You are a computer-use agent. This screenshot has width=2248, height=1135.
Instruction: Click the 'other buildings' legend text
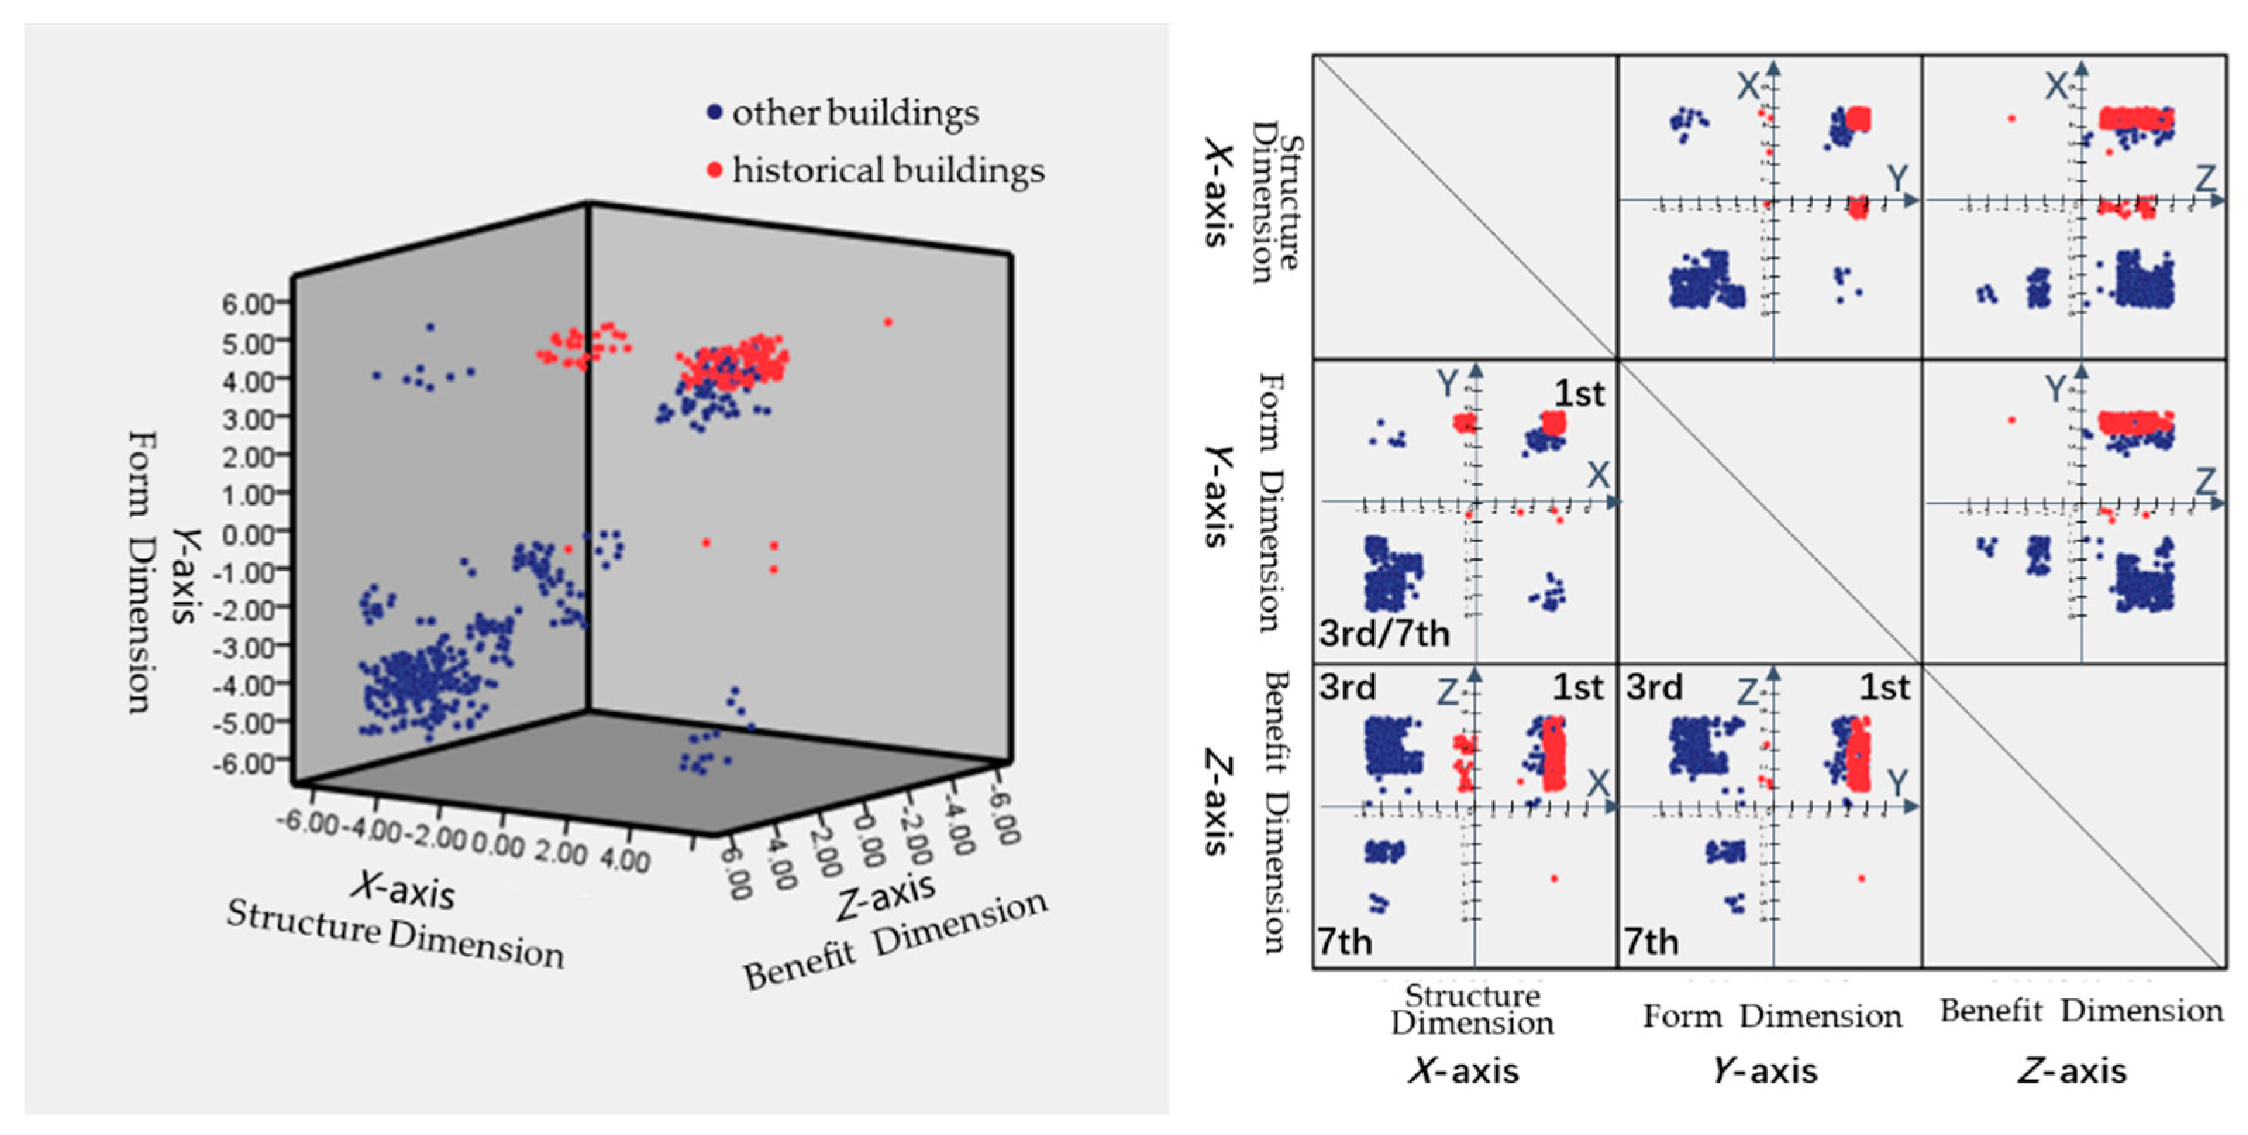pyautogui.click(x=855, y=113)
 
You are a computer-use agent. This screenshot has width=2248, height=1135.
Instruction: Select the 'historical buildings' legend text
pyautogui.click(x=888, y=170)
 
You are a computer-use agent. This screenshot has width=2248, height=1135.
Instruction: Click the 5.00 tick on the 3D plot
pyautogui.click(x=249, y=342)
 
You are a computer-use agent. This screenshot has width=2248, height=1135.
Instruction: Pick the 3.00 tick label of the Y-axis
pyautogui.click(x=249, y=418)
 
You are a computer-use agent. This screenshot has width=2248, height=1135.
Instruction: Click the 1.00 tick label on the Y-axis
pyautogui.click(x=249, y=494)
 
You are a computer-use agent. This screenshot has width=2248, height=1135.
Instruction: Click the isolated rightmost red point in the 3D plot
pyautogui.click(x=888, y=322)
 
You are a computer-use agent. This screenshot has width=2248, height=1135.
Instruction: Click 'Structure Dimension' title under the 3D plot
pyautogui.click(x=395, y=934)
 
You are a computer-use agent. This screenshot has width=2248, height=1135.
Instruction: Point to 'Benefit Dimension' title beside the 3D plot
pyautogui.click(x=895, y=941)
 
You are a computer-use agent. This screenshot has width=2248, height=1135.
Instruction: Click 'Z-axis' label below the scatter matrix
pyautogui.click(x=2072, y=1070)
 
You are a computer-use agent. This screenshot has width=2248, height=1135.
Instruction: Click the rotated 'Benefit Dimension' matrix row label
pyautogui.click(x=1275, y=812)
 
